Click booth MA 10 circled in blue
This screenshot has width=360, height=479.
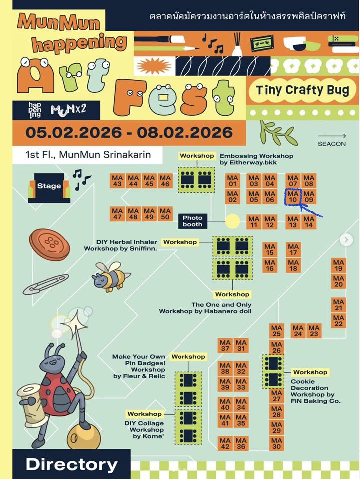pyautogui.click(x=293, y=197)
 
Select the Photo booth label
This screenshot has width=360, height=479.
pyautogui.click(x=192, y=221)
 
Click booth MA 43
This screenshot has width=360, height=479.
pyautogui.click(x=117, y=181)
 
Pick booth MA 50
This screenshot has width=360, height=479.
pyautogui.click(x=165, y=214)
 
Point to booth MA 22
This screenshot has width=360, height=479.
pyautogui.click(x=339, y=320)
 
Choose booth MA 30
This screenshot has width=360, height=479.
pyautogui.click(x=276, y=443)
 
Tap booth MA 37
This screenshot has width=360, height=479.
pyautogui.click(x=225, y=345)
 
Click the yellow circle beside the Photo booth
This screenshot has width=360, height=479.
pyautogui.click(x=233, y=221)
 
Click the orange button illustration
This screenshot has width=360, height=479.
pyautogui.click(x=49, y=244)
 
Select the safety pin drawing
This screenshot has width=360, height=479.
pyautogui.click(x=46, y=284)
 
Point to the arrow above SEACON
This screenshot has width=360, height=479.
pyautogui.click(x=332, y=136)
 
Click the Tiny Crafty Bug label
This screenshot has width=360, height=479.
pyautogui.click(x=303, y=90)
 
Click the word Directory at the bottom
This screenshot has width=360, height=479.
pyautogui.click(x=72, y=465)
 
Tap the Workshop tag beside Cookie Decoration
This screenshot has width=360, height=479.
pyautogui.click(x=310, y=372)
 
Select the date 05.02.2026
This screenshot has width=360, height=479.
pyautogui.click(x=74, y=132)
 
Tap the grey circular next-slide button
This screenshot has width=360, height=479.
pyautogui.click(x=346, y=240)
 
